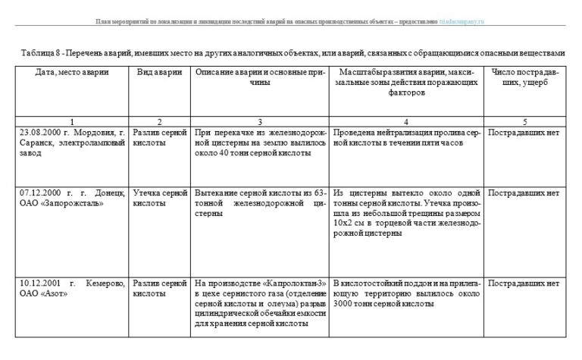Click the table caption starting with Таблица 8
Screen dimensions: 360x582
pyautogui.click(x=290, y=53)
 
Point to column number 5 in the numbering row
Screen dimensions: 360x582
pyautogui.click(x=525, y=121)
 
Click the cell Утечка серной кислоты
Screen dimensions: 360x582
pyautogui.click(x=159, y=199)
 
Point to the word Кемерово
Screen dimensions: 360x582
pyautogui.click(x=105, y=283)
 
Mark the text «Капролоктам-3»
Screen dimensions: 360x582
pyautogui.click(x=290, y=283)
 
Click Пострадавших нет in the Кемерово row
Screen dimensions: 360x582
pyautogui.click(x=524, y=283)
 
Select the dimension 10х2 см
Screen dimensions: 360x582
pyautogui.click(x=348, y=225)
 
